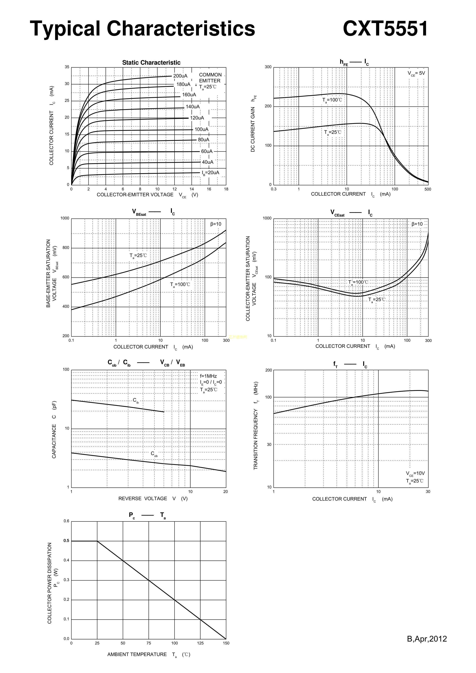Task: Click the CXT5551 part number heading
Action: pyautogui.click(x=385, y=29)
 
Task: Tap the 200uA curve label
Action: pyautogui.click(x=180, y=76)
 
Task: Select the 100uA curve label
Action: pyautogui.click(x=201, y=129)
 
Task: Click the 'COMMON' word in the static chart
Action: pyautogui.click(x=210, y=75)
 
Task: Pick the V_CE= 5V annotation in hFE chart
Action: pyautogui.click(x=416, y=73)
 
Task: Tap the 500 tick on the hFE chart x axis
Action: pyautogui.click(x=428, y=189)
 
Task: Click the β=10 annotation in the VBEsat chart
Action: pyautogui.click(x=216, y=224)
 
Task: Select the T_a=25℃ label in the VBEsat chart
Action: pyautogui.click(x=138, y=256)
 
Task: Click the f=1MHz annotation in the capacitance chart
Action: pyautogui.click(x=208, y=376)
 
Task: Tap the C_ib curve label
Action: pyautogui.click(x=135, y=400)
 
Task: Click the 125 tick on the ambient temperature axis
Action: pyautogui.click(x=200, y=643)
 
